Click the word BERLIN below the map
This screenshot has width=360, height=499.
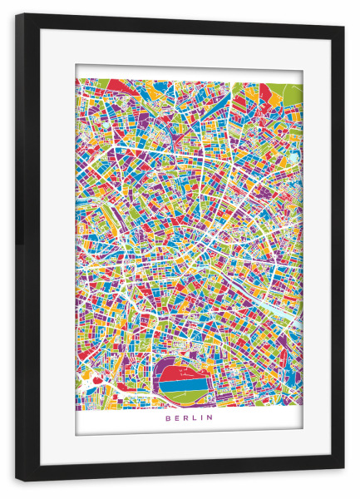pos(189,418)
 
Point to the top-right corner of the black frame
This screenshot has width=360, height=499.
pos(343,27)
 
